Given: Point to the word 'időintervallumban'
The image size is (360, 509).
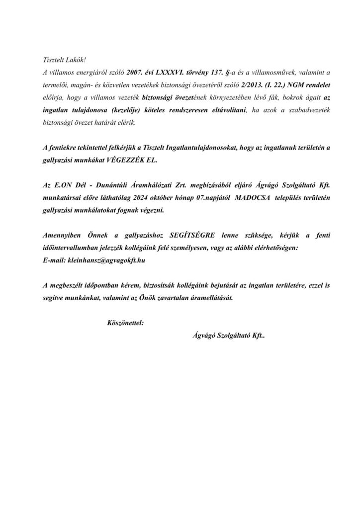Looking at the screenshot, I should pos(71,247).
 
